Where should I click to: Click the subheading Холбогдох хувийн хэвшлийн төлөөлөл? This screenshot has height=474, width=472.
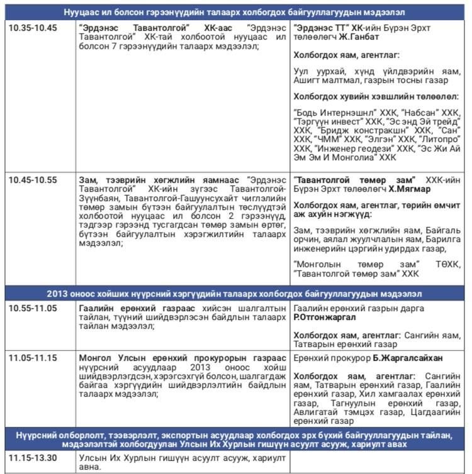(376, 97)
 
